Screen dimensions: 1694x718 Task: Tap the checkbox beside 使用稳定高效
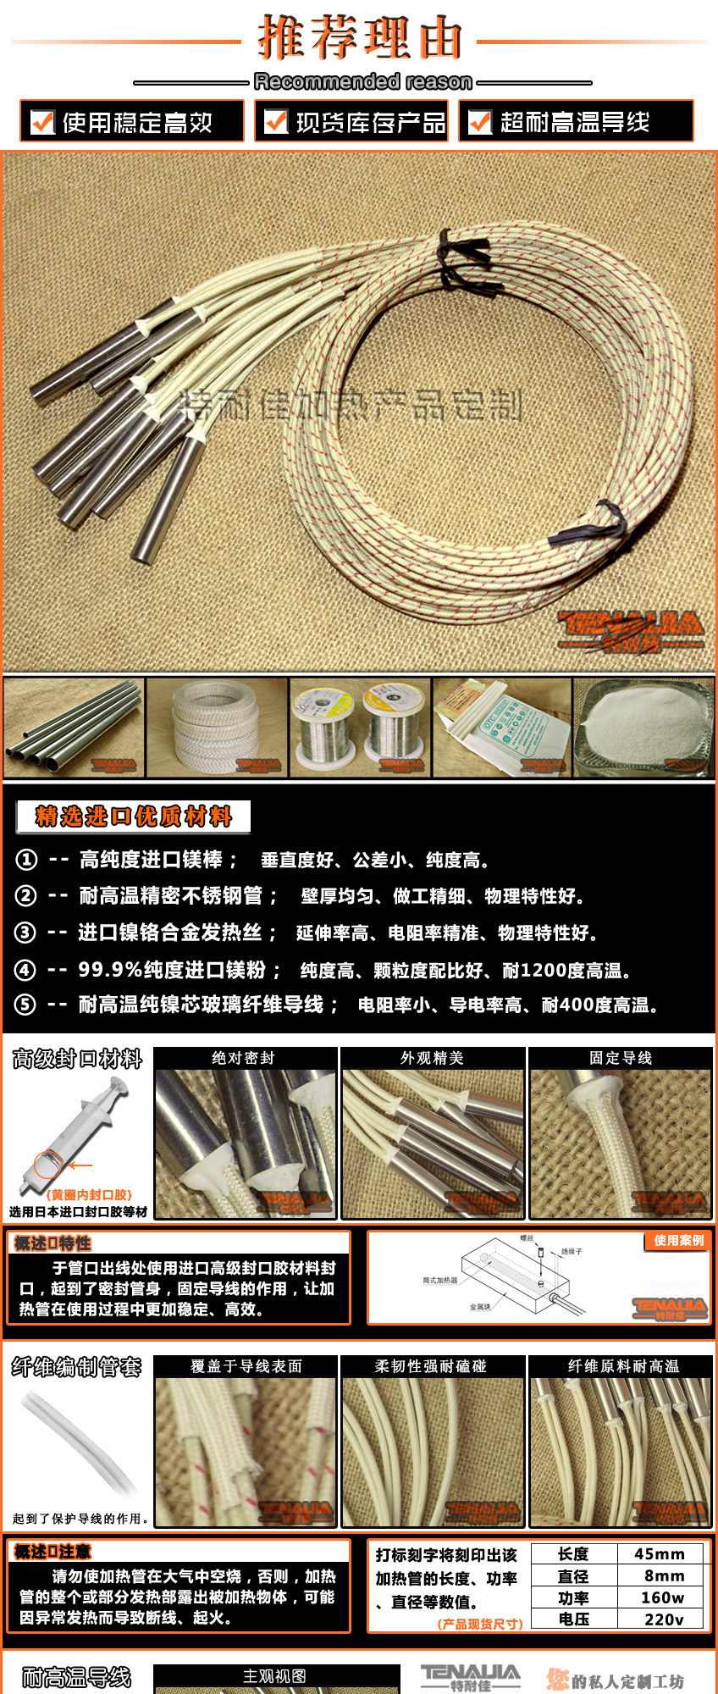[x=42, y=122]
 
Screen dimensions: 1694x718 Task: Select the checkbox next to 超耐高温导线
[x=480, y=122]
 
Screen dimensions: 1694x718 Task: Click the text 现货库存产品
[x=370, y=123]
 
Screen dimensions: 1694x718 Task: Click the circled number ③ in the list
[x=25, y=933]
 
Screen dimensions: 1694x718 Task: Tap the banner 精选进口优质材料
[x=133, y=817]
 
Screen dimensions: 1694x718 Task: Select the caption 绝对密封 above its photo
[x=244, y=1058]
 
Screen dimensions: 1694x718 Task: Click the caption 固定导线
[x=621, y=1058]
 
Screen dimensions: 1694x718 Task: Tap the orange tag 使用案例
[x=678, y=1240]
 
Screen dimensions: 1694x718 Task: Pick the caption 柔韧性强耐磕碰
[x=431, y=1366]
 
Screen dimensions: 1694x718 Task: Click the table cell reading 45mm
[x=660, y=1554]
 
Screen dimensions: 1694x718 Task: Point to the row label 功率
[x=573, y=1597]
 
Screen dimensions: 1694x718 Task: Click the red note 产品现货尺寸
[x=480, y=1624]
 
